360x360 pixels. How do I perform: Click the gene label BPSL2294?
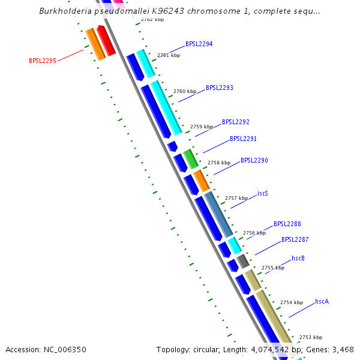click(x=199, y=44)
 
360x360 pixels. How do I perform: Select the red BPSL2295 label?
click(x=43, y=61)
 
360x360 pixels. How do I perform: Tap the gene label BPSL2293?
click(x=220, y=88)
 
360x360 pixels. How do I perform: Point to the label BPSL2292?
click(x=236, y=122)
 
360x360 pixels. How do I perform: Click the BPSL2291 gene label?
click(x=244, y=139)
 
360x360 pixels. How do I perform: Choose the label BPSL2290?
click(x=254, y=161)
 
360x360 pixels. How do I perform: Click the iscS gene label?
click(x=263, y=193)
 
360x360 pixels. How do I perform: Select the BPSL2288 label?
click(x=287, y=224)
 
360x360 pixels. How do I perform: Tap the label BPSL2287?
click(x=295, y=239)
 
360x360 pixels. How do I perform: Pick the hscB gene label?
click(x=298, y=258)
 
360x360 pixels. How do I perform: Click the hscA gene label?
click(x=322, y=301)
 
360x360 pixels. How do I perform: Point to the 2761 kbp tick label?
click(x=169, y=55)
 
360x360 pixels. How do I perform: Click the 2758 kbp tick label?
click(x=219, y=163)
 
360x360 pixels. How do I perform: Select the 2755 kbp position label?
click(x=273, y=268)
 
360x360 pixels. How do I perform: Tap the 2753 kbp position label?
click(x=311, y=337)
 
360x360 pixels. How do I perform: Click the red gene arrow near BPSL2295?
click(x=106, y=40)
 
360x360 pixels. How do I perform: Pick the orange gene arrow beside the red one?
click(x=95, y=44)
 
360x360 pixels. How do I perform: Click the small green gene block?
click(x=190, y=158)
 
